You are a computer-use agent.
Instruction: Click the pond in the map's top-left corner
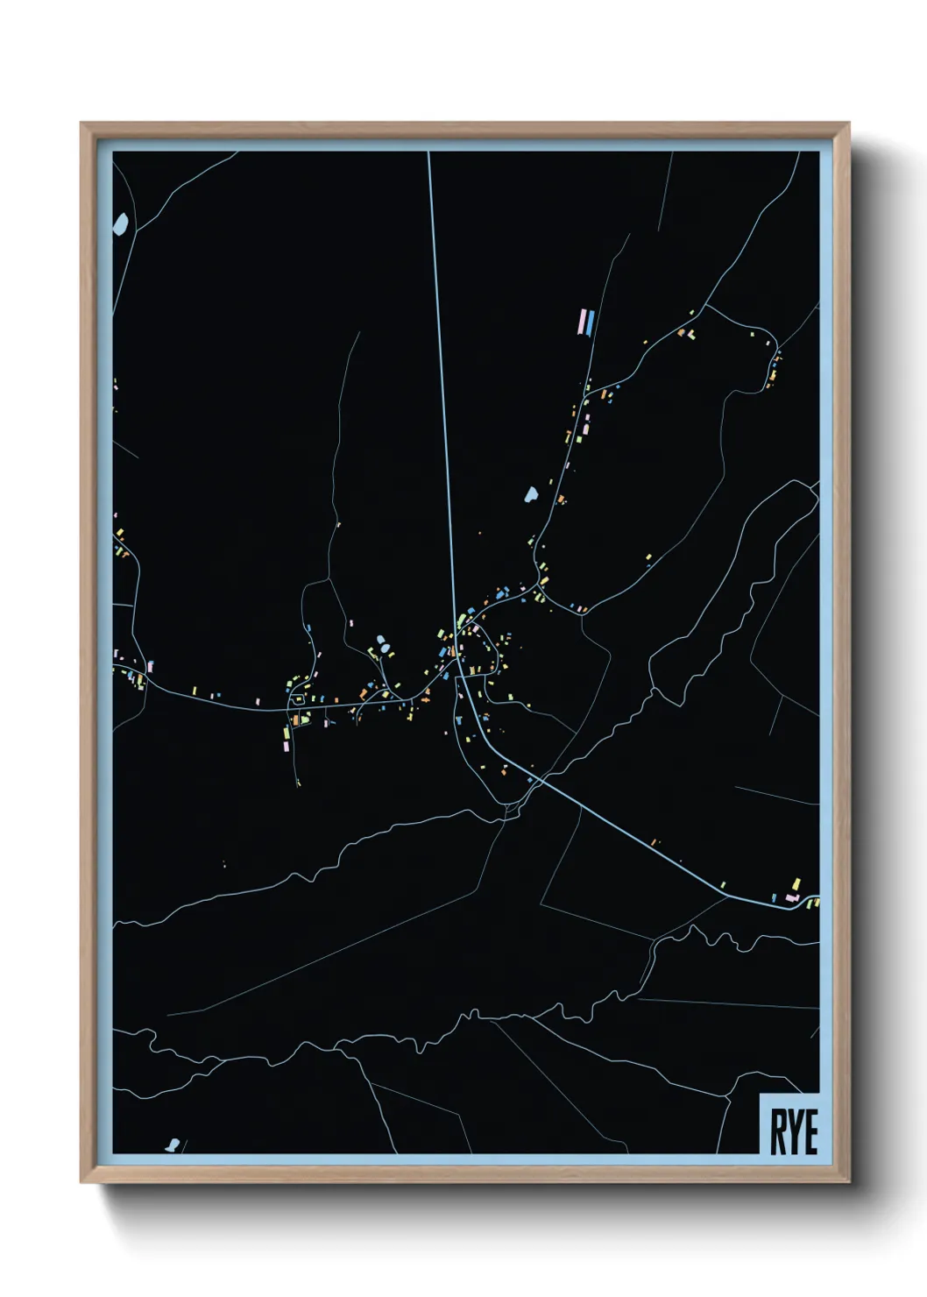coord(121,223)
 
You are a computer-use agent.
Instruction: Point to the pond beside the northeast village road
coord(531,495)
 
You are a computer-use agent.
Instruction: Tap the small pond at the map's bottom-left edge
coord(173,1144)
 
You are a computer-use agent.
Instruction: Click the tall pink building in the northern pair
coord(582,322)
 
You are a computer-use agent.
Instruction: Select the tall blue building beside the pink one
coord(591,322)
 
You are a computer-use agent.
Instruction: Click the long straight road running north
coord(440,351)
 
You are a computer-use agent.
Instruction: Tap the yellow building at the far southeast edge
coord(796,884)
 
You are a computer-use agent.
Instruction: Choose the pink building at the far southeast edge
coord(791,897)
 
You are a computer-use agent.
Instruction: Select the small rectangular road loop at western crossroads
coord(298,698)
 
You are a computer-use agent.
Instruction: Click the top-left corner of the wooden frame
coord(81,124)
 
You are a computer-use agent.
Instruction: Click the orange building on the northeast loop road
coord(681,333)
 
